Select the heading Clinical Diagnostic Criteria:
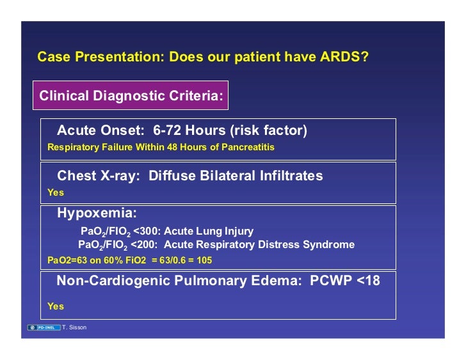pyautogui.click(x=131, y=96)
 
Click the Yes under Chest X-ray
pyautogui.click(x=56, y=192)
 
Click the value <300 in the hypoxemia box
pyautogui.click(x=145, y=231)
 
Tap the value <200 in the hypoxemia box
pyautogui.click(x=143, y=245)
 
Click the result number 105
pyautogui.click(x=204, y=261)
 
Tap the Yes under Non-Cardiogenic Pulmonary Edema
pyautogui.click(x=56, y=306)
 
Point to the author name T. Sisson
pyautogui.click(x=76, y=327)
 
